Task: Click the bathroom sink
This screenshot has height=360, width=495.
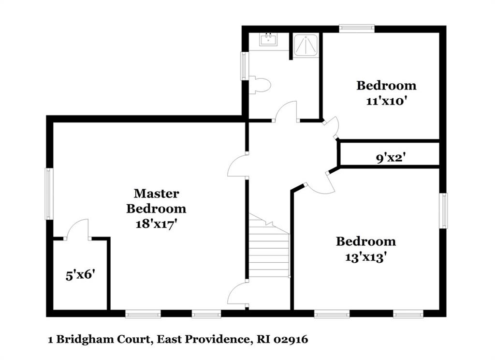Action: [268, 39]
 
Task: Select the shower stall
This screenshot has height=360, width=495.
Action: [306, 46]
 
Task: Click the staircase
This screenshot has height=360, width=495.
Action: [269, 246]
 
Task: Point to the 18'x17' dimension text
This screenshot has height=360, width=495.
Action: [156, 224]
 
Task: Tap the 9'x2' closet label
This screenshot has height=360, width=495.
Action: [391, 157]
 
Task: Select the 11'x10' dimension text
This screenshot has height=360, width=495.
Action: [386, 101]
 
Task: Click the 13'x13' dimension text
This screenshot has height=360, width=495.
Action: [366, 257]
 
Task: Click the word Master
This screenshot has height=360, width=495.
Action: [157, 193]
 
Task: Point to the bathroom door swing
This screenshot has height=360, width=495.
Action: [286, 111]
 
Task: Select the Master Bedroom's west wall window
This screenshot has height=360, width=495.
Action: [49, 194]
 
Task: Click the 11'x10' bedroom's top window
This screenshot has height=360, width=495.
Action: [357, 29]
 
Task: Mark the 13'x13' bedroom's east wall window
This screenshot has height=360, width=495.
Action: [444, 210]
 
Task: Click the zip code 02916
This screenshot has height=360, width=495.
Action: [291, 340]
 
